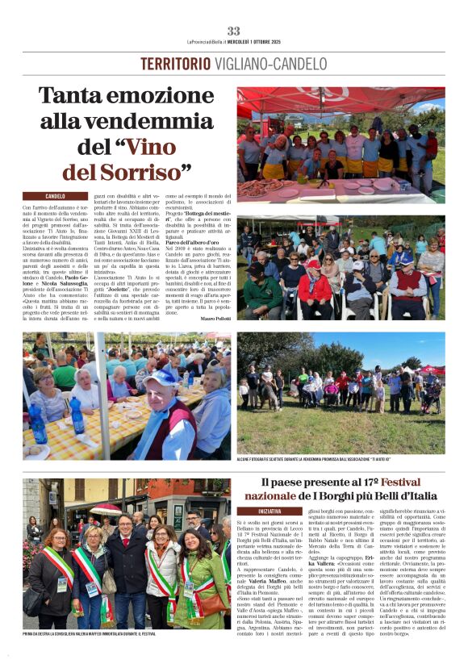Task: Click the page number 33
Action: point(233,31)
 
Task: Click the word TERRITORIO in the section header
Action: point(175,64)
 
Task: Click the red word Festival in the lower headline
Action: point(412,481)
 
